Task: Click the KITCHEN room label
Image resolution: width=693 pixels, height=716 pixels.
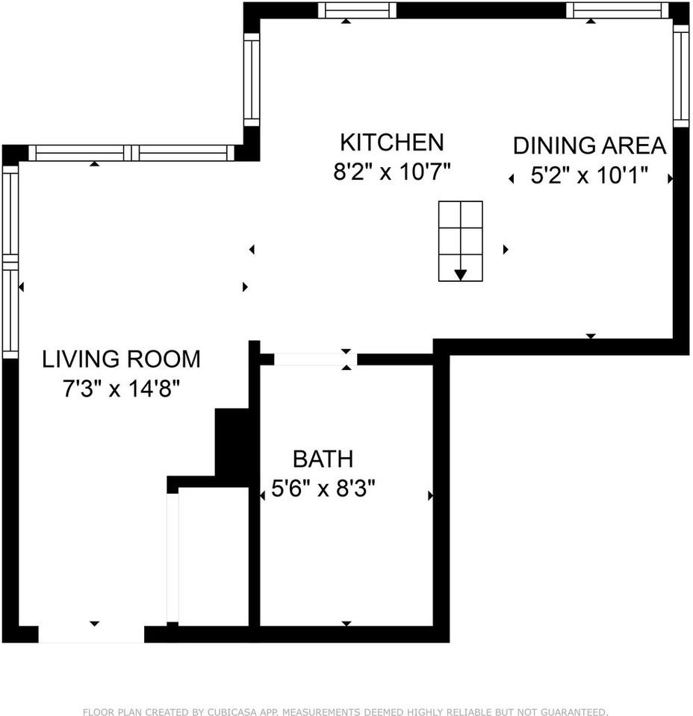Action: pos(392,142)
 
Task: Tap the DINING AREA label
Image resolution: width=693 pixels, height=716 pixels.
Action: pos(589,145)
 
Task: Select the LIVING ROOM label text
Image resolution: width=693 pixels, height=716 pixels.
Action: pos(121,359)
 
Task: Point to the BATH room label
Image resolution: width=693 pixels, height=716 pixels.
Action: pos(323,459)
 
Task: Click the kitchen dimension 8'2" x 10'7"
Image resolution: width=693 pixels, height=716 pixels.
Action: pos(392,172)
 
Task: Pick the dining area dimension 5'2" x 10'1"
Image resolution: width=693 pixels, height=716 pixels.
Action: pos(589,176)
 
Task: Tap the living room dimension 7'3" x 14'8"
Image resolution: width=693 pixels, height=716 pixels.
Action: pos(121,389)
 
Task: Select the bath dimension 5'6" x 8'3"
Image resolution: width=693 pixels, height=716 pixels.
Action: pos(323,489)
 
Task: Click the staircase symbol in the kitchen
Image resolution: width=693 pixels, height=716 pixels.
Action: pos(460,241)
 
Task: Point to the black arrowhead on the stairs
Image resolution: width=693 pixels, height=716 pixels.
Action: pos(461,274)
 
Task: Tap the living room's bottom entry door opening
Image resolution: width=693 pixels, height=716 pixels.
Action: pos(91,635)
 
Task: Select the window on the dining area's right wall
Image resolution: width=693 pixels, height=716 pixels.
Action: pos(680,75)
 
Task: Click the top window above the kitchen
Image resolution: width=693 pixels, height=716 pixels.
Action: pos(357,10)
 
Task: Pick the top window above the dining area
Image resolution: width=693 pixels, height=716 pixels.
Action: pos(617,10)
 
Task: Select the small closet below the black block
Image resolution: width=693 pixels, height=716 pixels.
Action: pos(213,556)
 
